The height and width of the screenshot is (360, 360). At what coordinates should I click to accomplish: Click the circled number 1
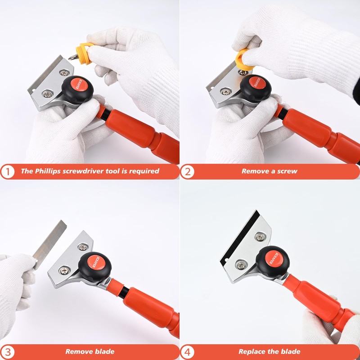[x=8, y=171]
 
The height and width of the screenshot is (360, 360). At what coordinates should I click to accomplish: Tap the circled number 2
[x=188, y=171]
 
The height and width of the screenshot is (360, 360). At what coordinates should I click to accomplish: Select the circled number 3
[x=8, y=351]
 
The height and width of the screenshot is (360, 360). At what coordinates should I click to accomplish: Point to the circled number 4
[x=188, y=351]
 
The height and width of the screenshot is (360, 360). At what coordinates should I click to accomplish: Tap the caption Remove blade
[x=90, y=351]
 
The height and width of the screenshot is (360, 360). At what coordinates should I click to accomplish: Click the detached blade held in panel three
[x=48, y=245]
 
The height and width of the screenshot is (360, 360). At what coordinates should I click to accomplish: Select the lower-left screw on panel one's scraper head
[x=47, y=94]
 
